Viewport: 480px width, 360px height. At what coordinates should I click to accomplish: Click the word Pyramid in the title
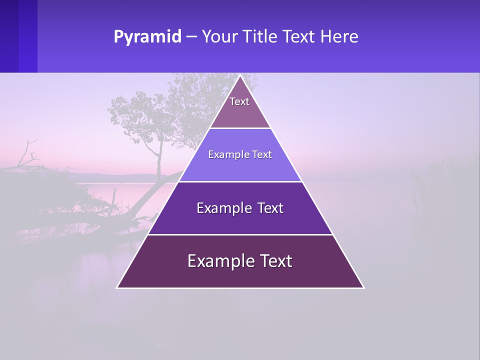point(147,37)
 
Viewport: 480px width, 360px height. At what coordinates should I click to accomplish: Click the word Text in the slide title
point(300,37)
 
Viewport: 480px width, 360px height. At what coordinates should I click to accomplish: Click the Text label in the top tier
point(239,101)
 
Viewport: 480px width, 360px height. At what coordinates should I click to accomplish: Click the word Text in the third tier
point(271,208)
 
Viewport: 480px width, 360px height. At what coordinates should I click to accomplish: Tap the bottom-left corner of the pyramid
point(117,287)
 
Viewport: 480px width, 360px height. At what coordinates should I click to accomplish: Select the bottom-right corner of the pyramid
point(363,287)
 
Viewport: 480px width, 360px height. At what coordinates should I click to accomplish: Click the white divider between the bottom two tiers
point(240,234)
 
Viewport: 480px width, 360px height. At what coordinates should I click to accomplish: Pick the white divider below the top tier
point(240,128)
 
